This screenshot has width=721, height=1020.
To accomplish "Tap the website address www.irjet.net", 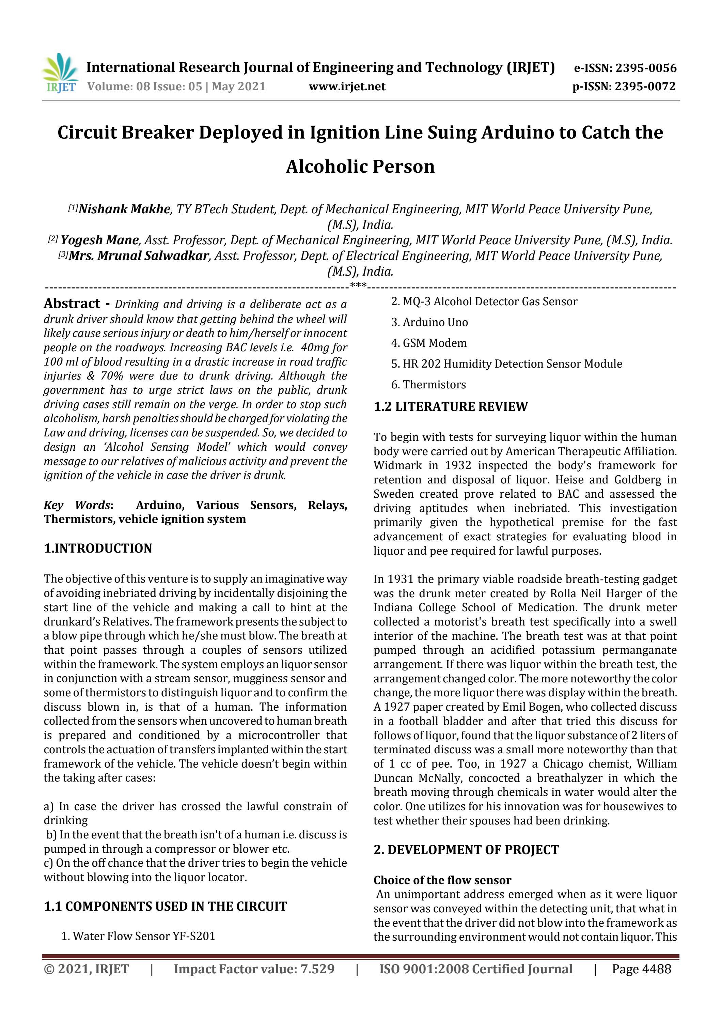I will (347, 86).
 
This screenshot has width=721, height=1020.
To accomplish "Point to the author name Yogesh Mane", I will (99, 240).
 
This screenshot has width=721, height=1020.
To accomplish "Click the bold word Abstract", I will (72, 304).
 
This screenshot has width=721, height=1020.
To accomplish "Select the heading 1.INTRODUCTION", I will (98, 548).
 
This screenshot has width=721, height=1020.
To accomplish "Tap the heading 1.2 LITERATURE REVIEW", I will (451, 406).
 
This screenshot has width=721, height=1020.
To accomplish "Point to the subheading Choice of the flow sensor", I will (442, 880).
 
